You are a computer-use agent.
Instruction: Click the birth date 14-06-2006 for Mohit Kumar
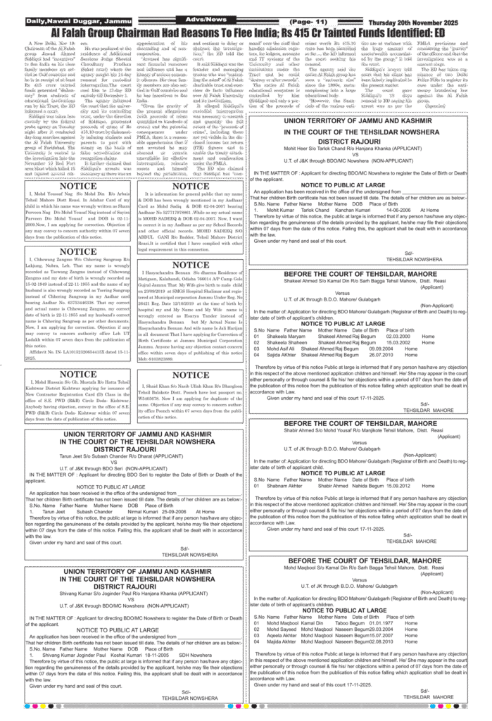tap(398, 210)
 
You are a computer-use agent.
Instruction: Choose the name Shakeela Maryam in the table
tap(278, 336)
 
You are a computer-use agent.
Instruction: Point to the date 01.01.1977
tap(384, 622)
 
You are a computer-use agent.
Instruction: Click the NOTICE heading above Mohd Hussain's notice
tap(78, 374)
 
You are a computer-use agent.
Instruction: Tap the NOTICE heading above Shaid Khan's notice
tap(191, 375)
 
